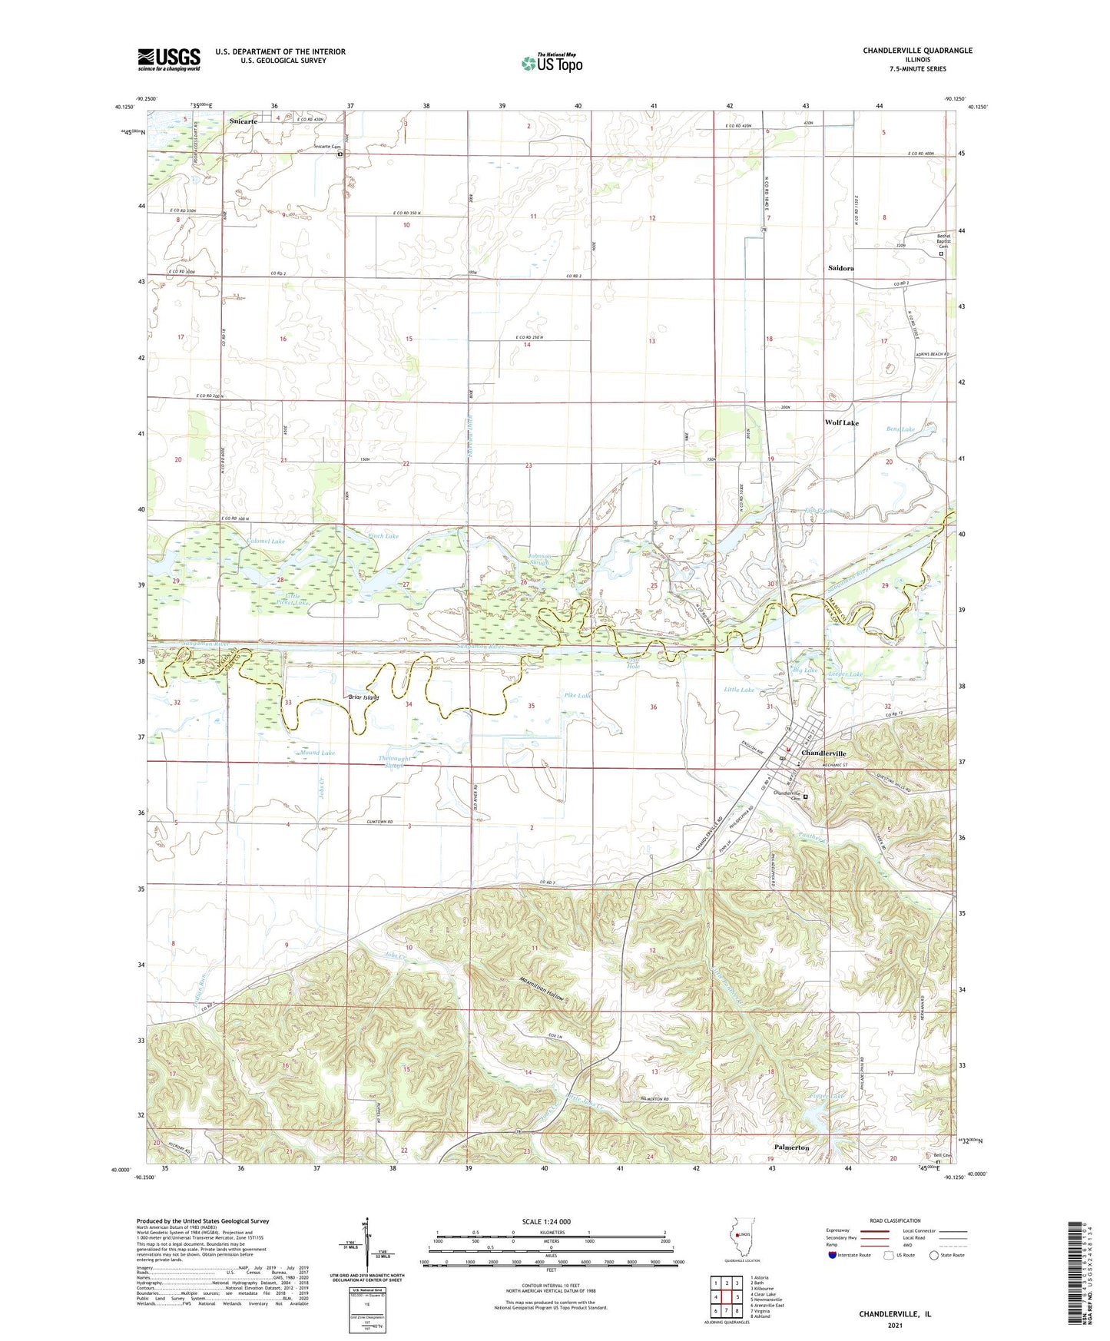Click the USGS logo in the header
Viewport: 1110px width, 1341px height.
click(x=169, y=59)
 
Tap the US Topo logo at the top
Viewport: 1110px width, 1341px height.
click(x=552, y=63)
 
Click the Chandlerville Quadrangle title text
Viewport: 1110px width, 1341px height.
click(x=917, y=51)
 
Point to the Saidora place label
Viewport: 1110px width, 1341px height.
click(x=840, y=268)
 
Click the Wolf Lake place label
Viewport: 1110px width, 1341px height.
click(x=841, y=422)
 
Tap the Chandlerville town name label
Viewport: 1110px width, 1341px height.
click(x=823, y=753)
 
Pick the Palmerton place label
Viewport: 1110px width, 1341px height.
click(x=791, y=1147)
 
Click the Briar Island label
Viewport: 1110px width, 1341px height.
click(x=363, y=697)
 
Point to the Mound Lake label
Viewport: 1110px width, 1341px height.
click(x=317, y=753)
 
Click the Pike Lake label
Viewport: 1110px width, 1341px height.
click(x=578, y=695)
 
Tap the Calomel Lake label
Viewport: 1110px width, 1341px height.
click(x=266, y=541)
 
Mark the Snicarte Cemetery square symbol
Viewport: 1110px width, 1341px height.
click(x=340, y=154)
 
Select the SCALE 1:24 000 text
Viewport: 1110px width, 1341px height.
click(x=546, y=1221)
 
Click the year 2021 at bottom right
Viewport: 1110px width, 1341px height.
click(x=894, y=1326)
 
